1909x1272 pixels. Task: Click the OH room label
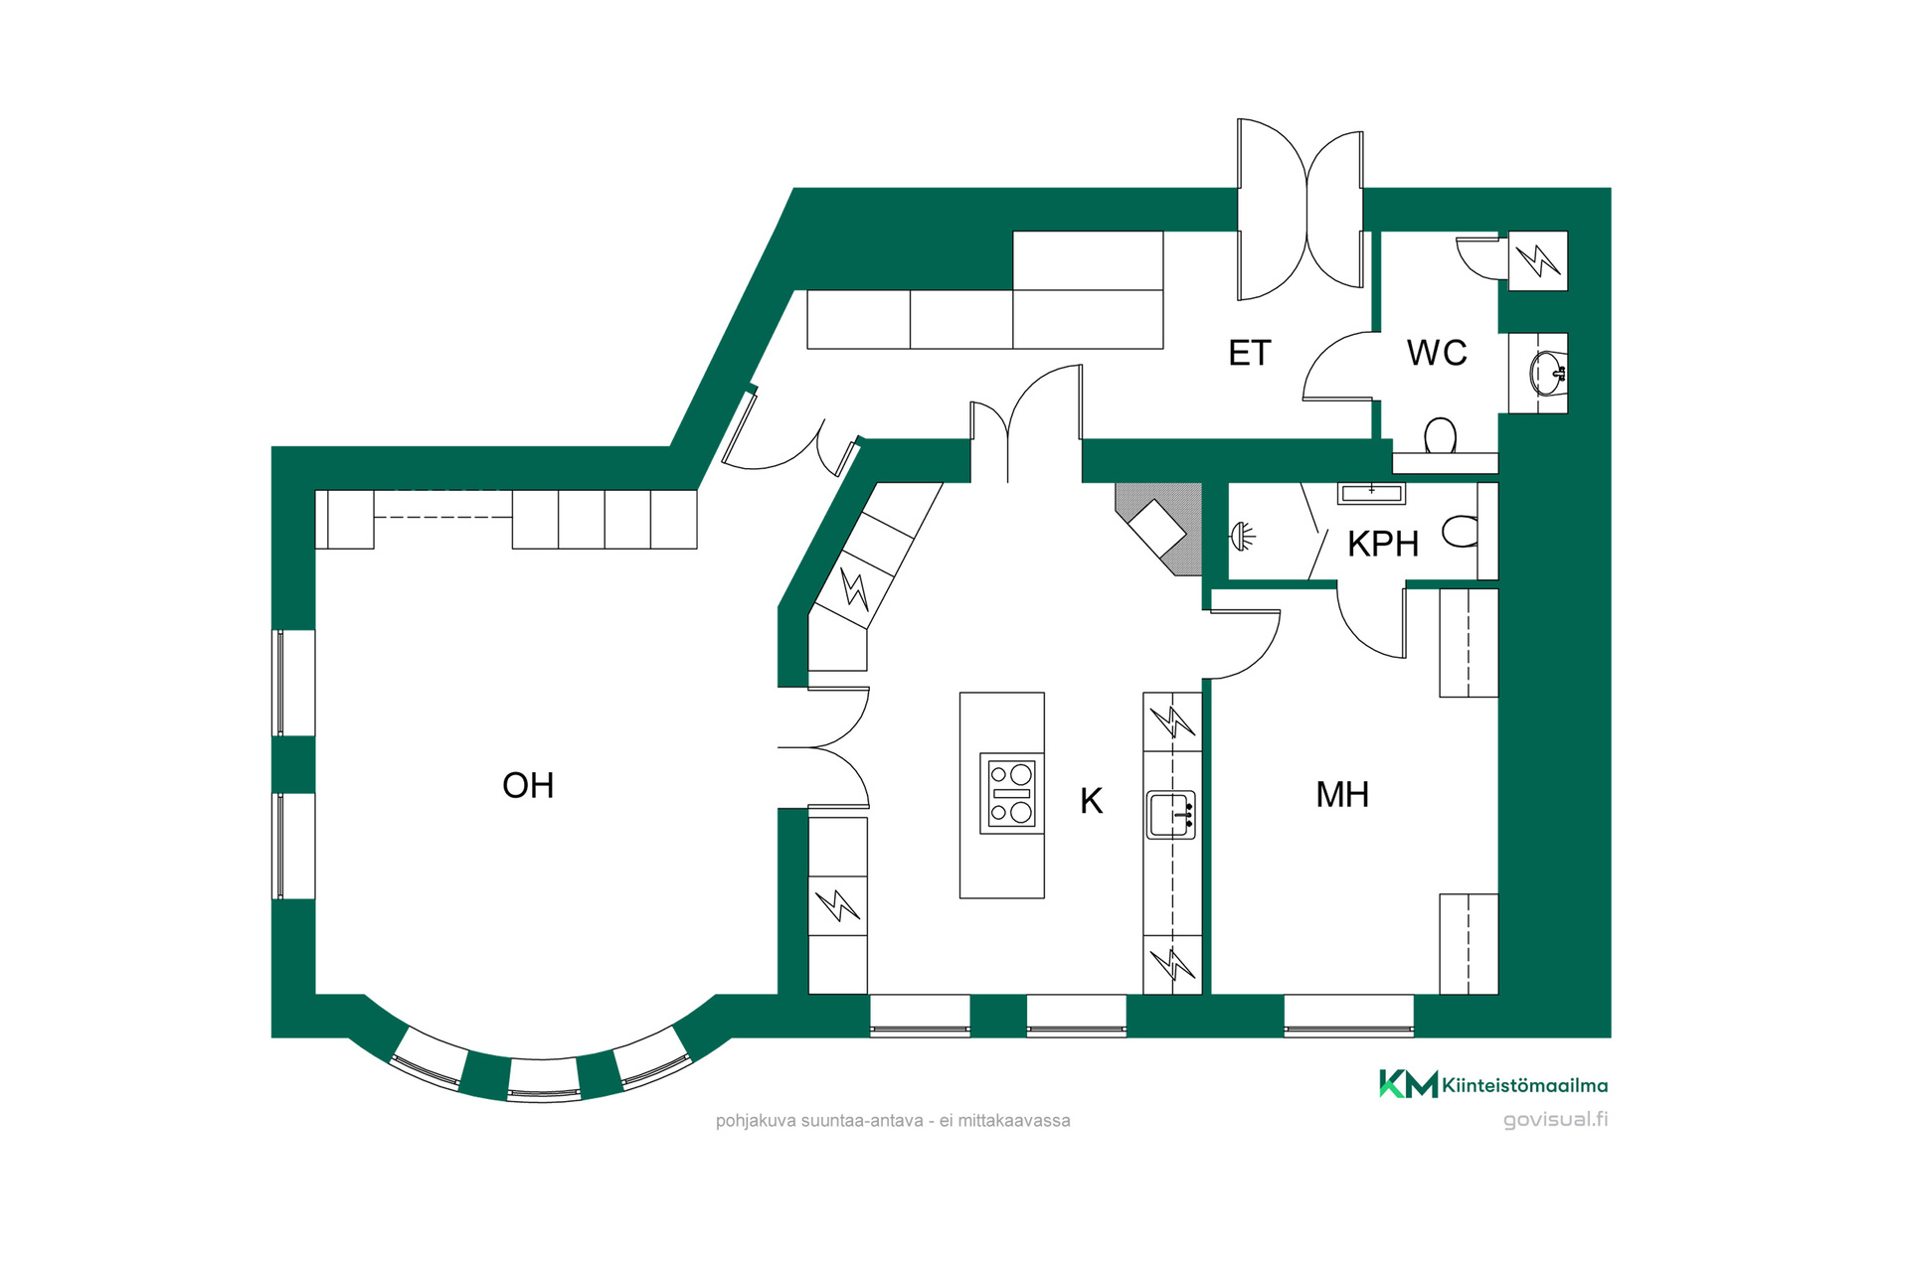pos(528,786)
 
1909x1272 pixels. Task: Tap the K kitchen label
pos(1091,801)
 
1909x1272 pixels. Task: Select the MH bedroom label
pos(1342,795)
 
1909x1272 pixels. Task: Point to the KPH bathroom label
pos(1383,544)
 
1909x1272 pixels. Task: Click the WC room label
pos(1437,353)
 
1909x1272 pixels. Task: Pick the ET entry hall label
pos(1250,353)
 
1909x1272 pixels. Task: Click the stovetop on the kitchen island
pos(1012,793)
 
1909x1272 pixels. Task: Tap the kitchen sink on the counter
pos(1171,815)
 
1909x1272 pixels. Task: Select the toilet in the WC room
pos(1441,436)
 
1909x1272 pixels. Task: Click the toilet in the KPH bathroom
pos(1461,531)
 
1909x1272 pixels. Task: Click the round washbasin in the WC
pos(1547,373)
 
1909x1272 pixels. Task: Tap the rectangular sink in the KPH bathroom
pos(1371,493)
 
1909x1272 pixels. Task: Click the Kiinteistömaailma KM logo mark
pos(1408,1084)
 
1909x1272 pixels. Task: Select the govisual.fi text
pos(1555,1120)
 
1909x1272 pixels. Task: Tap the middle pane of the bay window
pos(543,1078)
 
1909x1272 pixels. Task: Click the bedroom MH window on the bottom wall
pos(1348,1016)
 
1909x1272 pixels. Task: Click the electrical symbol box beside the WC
pos(1538,260)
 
